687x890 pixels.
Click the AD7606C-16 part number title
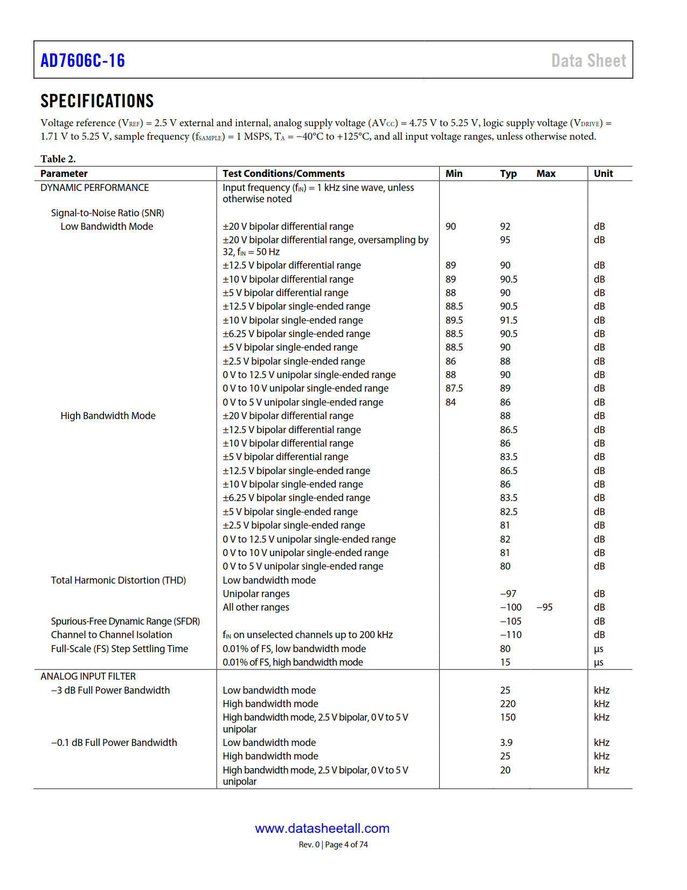(x=82, y=60)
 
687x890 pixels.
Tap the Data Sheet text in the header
(x=588, y=60)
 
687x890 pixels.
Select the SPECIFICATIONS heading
(x=97, y=101)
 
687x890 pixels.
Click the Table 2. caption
(x=58, y=159)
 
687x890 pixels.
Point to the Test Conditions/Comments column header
(x=283, y=173)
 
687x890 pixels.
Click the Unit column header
(x=603, y=173)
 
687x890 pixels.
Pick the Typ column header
(x=508, y=173)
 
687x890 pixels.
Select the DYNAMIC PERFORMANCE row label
(x=94, y=187)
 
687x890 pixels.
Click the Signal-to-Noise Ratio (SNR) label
(x=107, y=213)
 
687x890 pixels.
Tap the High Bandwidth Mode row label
(x=108, y=415)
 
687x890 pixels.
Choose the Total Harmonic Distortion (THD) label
(x=118, y=580)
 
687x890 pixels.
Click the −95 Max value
(x=544, y=607)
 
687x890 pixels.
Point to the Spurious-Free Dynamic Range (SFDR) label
(x=125, y=621)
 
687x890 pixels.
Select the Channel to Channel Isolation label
(x=112, y=634)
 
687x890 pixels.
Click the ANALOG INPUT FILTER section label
(x=88, y=676)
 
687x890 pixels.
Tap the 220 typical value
(x=508, y=703)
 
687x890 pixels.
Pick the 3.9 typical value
(x=506, y=742)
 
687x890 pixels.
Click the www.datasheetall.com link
(x=322, y=828)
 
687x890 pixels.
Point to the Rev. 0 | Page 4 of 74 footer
(x=333, y=844)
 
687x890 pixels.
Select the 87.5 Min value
(x=454, y=388)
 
